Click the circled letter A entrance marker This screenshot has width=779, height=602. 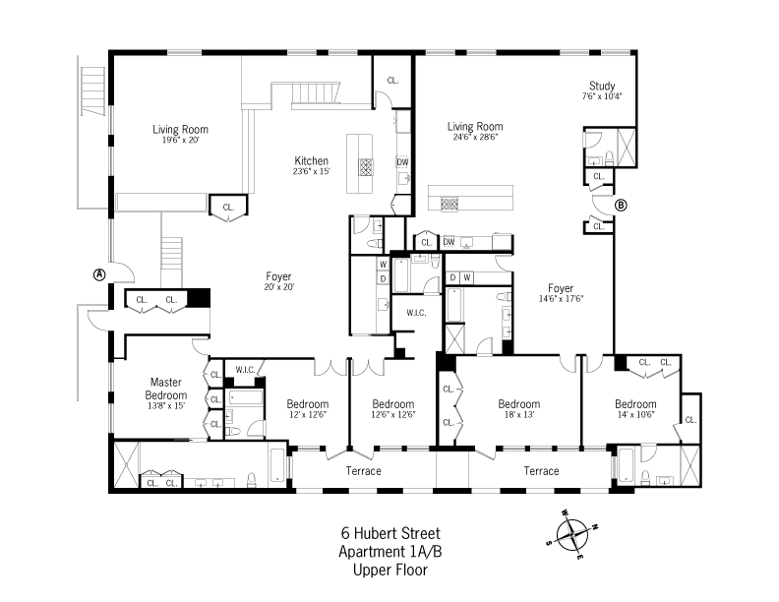pyautogui.click(x=100, y=274)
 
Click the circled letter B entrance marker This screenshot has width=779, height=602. pyautogui.click(x=621, y=205)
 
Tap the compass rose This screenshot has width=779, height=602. pyautogui.click(x=572, y=534)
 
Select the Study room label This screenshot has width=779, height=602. pyautogui.click(x=602, y=86)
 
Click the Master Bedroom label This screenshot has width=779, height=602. pyautogui.click(x=166, y=389)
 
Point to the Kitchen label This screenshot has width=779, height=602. pyautogui.click(x=312, y=161)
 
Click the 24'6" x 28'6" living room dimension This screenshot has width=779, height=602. pyautogui.click(x=475, y=137)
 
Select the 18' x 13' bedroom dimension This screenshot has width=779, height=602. pyautogui.click(x=519, y=414)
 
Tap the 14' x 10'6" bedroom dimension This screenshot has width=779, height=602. pyautogui.click(x=636, y=414)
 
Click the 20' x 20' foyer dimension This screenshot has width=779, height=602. pyautogui.click(x=279, y=286)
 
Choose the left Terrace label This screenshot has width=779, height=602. pyautogui.click(x=364, y=471)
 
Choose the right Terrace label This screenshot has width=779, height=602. pyautogui.click(x=542, y=471)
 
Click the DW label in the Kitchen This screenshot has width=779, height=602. pyautogui.click(x=402, y=162)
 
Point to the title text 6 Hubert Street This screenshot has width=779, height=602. pyautogui.click(x=390, y=533)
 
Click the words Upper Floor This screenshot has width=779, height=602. pyautogui.click(x=390, y=570)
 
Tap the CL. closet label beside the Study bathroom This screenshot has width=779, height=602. pyautogui.click(x=599, y=176)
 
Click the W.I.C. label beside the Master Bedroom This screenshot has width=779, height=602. pyautogui.click(x=246, y=370)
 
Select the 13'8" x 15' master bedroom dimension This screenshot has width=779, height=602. pyautogui.click(x=166, y=406)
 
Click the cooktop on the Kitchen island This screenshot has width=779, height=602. pyautogui.click(x=366, y=167)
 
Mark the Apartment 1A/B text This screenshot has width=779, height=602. pyautogui.click(x=390, y=552)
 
